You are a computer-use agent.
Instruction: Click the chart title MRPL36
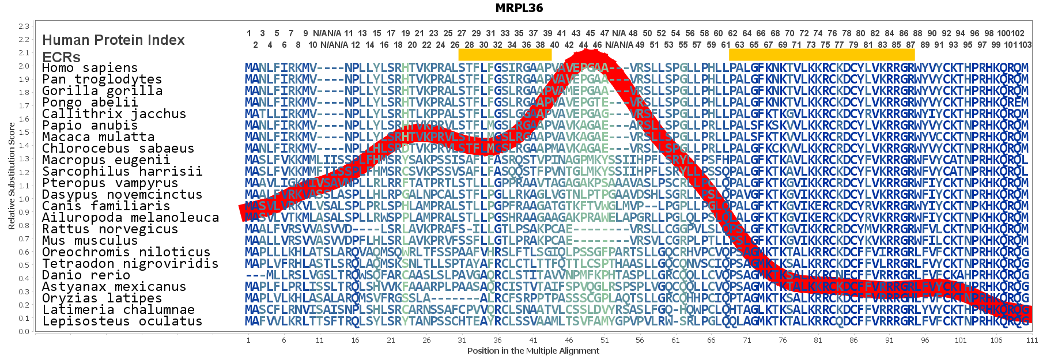(519, 8)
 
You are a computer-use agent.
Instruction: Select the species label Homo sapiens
(89, 68)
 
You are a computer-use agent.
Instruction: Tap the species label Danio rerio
(86, 275)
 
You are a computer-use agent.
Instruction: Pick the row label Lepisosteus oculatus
(122, 321)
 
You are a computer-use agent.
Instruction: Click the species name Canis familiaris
(105, 206)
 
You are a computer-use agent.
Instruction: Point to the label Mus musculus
(89, 241)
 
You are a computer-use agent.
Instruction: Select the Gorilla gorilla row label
(102, 91)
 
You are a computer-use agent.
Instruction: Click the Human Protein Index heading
(114, 40)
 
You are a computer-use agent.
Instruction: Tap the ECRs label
(61, 57)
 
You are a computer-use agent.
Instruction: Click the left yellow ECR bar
(505, 55)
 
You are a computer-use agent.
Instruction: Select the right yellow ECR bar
(821, 55)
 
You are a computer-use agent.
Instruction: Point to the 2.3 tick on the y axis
(24, 26)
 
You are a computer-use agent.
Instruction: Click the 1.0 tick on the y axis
(24, 199)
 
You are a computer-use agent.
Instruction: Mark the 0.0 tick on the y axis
(24, 332)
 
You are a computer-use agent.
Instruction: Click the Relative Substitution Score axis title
(12, 176)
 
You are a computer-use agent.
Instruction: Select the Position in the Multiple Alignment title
(533, 351)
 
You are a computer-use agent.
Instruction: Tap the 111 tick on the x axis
(1032, 340)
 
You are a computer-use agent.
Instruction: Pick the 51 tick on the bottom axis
(604, 340)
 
